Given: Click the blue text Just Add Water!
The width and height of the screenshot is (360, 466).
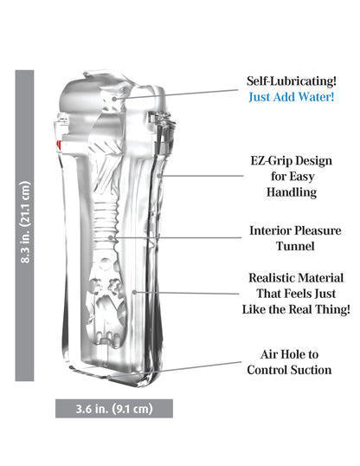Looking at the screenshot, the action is point(292,97).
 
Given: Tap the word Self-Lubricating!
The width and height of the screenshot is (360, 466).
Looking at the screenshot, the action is point(292,81).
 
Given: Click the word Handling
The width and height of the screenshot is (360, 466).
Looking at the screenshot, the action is point(292,192).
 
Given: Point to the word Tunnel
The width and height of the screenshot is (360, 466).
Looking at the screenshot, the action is point(295,246).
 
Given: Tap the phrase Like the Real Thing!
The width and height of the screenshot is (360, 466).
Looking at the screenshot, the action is point(296,309).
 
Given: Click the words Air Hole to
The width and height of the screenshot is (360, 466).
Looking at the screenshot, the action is point(290,354).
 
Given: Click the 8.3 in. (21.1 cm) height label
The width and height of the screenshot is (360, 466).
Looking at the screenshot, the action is point(25,222).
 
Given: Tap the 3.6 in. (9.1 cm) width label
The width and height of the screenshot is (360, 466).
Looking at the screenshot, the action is point(114,409).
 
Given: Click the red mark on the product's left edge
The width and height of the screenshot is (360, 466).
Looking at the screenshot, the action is point(59,145).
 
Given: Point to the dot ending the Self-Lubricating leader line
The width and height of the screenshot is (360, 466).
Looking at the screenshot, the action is point(115,99).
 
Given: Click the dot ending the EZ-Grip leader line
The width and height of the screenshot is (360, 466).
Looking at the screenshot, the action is point(159,176).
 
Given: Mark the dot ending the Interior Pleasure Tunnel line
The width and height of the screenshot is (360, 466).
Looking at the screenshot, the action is point(111,237).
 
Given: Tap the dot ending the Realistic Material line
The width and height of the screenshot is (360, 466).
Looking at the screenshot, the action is point(134,293).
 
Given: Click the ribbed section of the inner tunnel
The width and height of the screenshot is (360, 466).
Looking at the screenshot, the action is point(106,219).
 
